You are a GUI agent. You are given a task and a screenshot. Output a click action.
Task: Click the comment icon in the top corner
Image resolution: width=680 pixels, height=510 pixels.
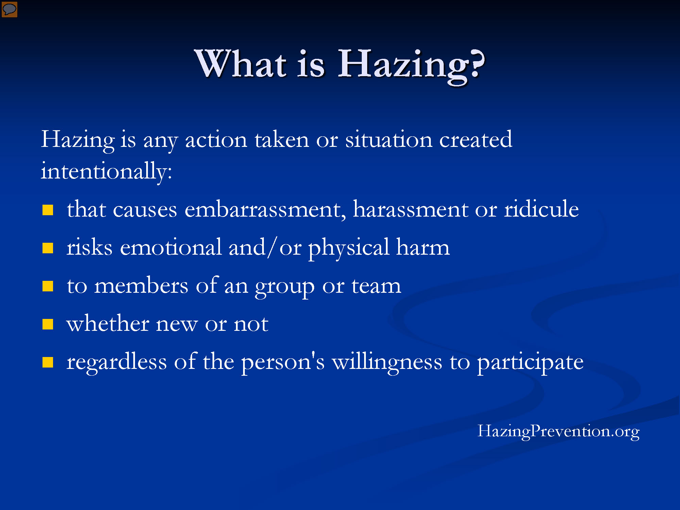(9, 9)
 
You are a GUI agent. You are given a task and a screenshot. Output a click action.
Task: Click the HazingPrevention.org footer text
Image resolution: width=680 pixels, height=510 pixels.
(558, 431)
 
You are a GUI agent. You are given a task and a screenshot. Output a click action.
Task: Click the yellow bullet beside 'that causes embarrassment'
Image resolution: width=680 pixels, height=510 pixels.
(48, 210)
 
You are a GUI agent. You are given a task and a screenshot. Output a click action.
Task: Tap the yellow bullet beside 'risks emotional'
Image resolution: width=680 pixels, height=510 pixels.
(48, 248)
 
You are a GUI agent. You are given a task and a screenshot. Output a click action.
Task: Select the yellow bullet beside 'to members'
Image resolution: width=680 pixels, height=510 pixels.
(48, 286)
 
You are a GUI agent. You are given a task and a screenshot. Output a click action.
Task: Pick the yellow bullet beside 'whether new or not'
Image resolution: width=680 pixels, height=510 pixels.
(48, 324)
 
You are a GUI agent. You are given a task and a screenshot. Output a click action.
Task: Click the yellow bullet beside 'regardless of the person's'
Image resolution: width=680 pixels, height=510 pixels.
(48, 362)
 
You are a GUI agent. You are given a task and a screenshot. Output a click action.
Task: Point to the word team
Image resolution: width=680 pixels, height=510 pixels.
(376, 286)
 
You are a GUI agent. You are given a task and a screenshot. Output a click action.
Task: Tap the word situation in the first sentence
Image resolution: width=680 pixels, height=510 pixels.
(388, 139)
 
